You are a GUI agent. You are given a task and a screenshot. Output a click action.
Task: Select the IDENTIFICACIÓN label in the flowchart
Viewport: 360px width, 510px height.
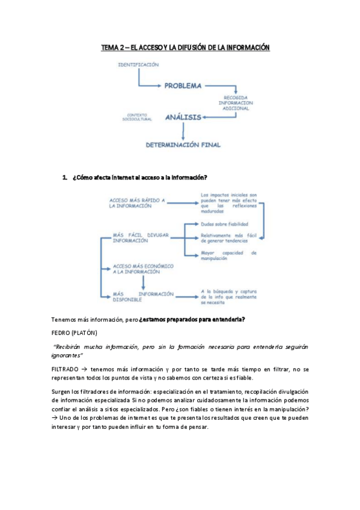pyautogui.click(x=138, y=64)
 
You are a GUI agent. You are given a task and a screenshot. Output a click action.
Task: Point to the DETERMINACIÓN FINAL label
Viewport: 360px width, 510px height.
pyautogui.click(x=183, y=144)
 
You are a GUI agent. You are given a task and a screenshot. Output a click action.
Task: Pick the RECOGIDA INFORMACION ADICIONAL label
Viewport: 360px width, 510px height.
pyautogui.click(x=239, y=103)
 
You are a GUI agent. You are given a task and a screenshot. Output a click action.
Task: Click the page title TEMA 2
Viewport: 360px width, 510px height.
pyautogui.click(x=185, y=47)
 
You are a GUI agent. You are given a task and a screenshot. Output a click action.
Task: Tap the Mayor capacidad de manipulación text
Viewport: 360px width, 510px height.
pyautogui.click(x=228, y=255)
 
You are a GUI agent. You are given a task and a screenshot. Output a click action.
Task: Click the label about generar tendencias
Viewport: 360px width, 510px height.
pyautogui.click(x=228, y=239)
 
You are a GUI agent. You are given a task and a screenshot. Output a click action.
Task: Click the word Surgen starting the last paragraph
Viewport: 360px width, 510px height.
pyautogui.click(x=62, y=392)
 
